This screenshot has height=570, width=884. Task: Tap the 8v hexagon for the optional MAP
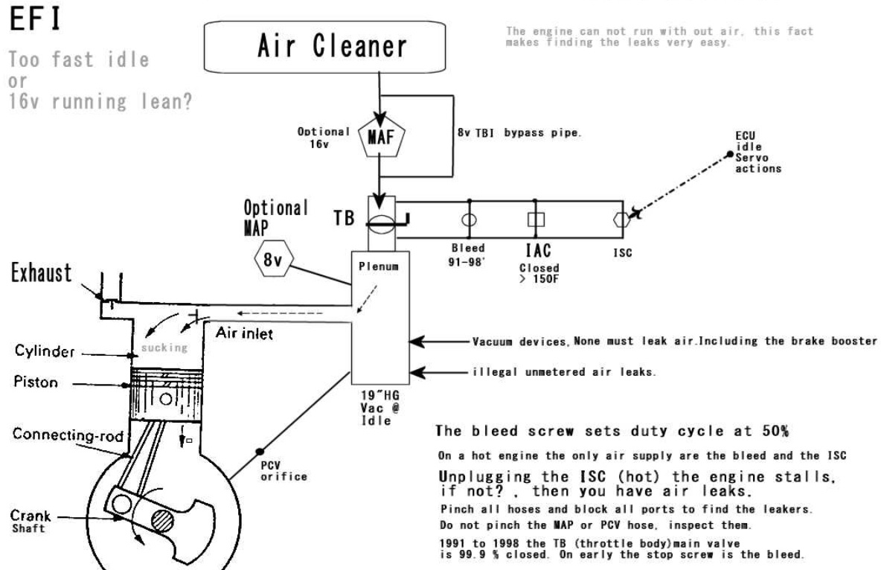[274, 260]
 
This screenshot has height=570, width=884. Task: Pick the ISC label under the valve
[623, 252]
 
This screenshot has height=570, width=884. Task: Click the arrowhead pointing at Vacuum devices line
[416, 342]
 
